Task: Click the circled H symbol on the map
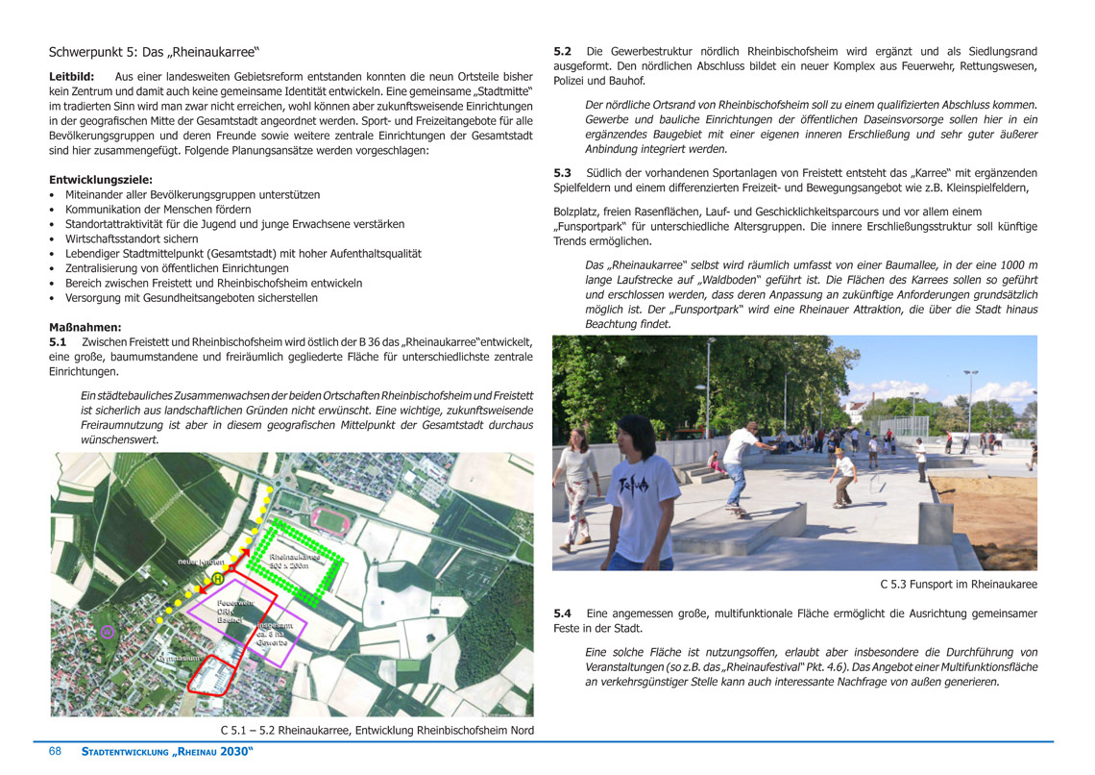coord(218,579)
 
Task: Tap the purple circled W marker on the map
coord(109,632)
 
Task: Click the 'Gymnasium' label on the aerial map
coord(178,659)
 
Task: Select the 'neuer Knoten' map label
coord(201,562)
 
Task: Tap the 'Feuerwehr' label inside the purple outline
coord(235,603)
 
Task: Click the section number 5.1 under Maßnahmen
coord(58,342)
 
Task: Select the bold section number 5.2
coord(563,51)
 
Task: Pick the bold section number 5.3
coord(563,173)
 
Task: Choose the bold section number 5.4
coord(563,613)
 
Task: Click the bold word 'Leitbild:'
coord(72,76)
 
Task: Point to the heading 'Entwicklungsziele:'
coord(101,180)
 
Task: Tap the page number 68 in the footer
coord(56,751)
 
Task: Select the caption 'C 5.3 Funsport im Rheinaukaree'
coord(958,585)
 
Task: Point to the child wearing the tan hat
coord(843,476)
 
